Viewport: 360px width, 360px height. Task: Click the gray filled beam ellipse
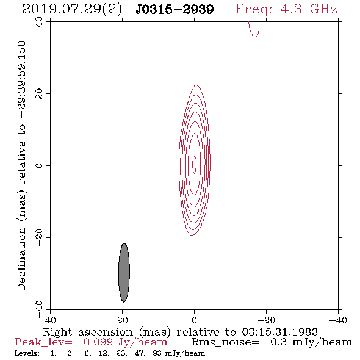point(124,273)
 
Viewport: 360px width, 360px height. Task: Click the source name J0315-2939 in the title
point(175,10)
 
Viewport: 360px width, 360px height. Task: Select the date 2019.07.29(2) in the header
point(72,10)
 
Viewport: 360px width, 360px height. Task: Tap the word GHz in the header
point(323,9)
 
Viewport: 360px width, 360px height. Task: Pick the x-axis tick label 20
point(123,320)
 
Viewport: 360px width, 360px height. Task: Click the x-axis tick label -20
point(266,320)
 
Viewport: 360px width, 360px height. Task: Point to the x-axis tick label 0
point(195,320)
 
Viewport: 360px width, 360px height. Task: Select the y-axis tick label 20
point(39,94)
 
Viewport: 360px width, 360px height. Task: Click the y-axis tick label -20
point(39,237)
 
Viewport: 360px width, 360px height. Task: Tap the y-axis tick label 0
point(39,165)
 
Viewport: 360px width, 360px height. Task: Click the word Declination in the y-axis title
point(21,259)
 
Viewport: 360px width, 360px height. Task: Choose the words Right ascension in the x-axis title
point(88,332)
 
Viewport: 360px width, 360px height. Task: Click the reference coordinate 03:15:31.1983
point(280,332)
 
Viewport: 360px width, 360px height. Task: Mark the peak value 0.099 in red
point(98,342)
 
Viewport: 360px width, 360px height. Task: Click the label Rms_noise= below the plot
point(225,342)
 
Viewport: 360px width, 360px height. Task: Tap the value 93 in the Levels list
point(157,353)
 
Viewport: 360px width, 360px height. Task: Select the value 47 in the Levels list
point(139,353)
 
